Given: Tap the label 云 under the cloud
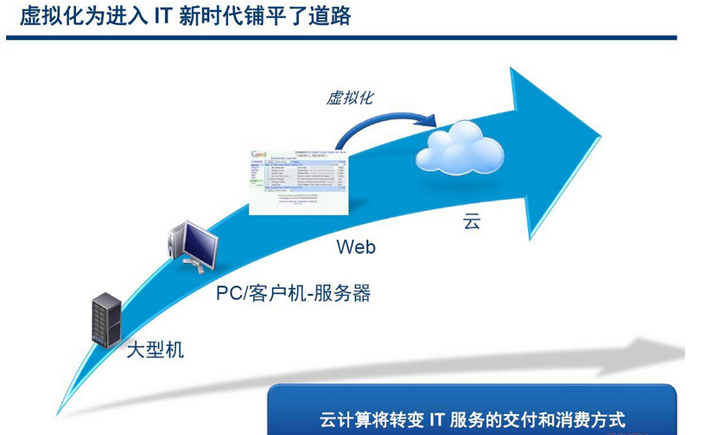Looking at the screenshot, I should point(471,221).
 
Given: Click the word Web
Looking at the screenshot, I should point(356,247).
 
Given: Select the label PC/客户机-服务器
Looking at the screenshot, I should point(293,293).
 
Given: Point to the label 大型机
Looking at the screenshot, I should point(155,350).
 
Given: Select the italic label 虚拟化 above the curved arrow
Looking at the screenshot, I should point(350,97).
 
